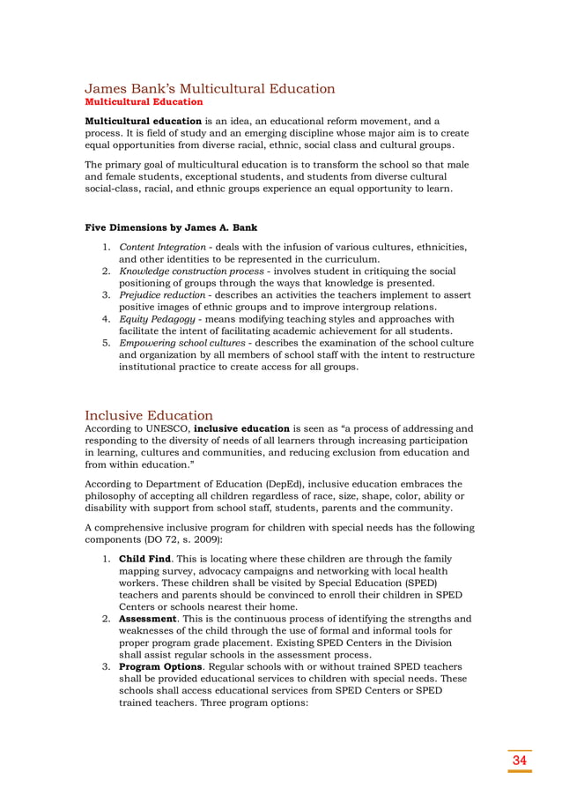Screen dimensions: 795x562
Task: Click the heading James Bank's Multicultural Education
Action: pos(210,89)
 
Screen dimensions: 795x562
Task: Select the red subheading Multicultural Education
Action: pos(144,102)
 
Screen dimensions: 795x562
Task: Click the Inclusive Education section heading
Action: pos(149,415)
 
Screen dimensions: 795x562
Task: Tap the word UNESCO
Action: pos(165,429)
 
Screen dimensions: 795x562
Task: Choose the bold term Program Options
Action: pos(166,667)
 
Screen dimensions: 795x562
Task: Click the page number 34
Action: pos(520,761)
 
